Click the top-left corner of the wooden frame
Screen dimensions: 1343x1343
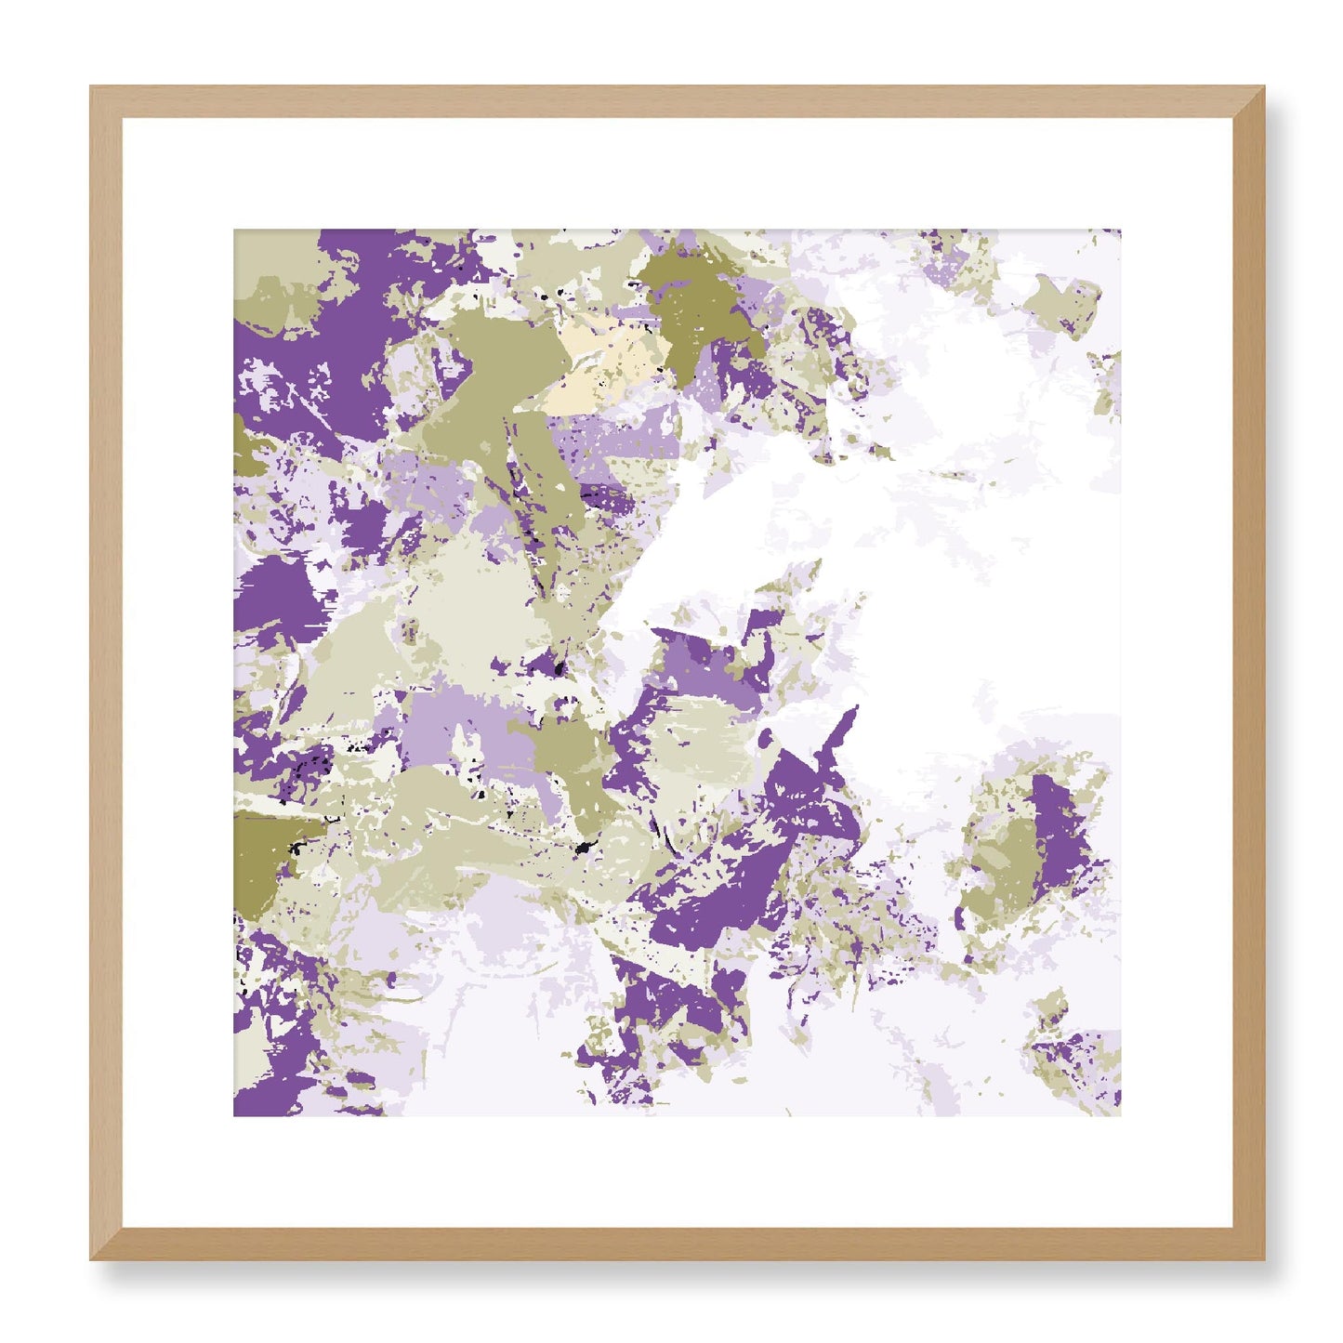click(93, 89)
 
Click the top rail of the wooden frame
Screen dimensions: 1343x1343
click(677, 101)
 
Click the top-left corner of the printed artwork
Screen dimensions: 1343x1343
click(235, 231)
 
